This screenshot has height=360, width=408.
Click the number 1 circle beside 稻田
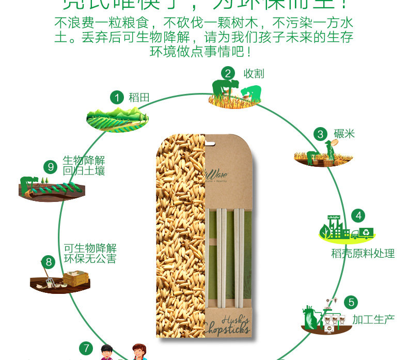[117, 97]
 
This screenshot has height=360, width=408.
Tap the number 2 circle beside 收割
[229, 73]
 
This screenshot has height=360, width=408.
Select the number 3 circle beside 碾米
[321, 134]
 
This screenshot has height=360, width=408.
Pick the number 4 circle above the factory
[358, 216]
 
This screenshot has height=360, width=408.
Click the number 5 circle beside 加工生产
[351, 302]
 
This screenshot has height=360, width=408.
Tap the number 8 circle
[49, 262]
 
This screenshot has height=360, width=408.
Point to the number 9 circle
[51, 167]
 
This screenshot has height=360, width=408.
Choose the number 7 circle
[86, 348]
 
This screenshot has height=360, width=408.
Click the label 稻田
[139, 97]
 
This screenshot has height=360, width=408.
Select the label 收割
[254, 73]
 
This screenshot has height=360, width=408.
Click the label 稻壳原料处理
[363, 253]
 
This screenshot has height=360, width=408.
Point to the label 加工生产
[373, 319]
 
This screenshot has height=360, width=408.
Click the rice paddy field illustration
[117, 120]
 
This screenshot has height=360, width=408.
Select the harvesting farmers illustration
[235, 93]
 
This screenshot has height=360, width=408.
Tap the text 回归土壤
[84, 170]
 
